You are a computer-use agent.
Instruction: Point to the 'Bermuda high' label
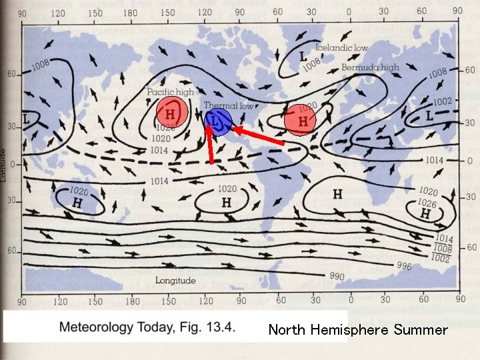(x=370, y=67)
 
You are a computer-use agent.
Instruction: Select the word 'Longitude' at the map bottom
(x=175, y=281)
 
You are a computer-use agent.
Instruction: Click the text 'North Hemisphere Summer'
(x=358, y=330)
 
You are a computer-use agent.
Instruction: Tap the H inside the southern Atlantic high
(x=337, y=194)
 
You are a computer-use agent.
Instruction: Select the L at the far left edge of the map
(x=26, y=117)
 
